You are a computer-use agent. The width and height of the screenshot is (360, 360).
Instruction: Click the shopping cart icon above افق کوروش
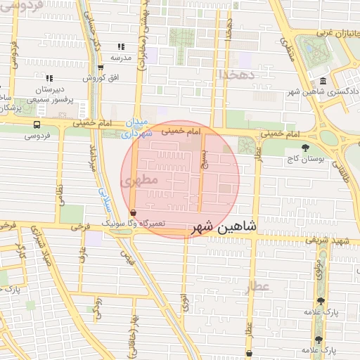point(101,68)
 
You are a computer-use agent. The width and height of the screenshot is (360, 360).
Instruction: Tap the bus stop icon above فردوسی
point(36,124)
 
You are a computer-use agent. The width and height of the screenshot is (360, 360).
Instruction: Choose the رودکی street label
point(98,309)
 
